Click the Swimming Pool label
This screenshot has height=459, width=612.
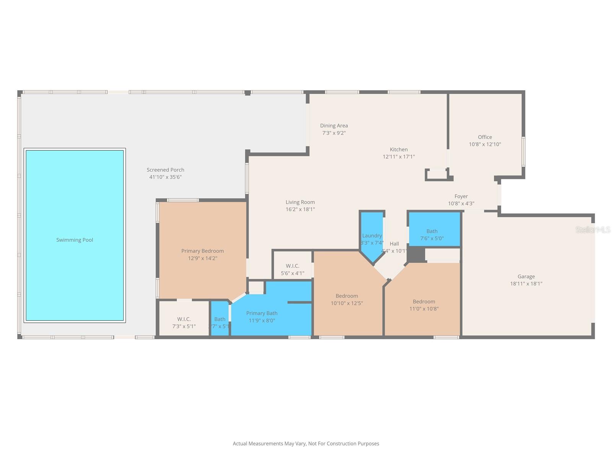[75, 240]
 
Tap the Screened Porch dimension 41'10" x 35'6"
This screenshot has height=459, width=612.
[165, 177]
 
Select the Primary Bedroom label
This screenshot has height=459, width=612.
[202, 251]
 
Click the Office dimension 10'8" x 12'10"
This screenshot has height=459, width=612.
[485, 145]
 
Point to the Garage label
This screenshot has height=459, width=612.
[526, 276]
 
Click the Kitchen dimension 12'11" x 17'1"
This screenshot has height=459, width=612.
[399, 157]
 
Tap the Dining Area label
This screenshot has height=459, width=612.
[334, 125]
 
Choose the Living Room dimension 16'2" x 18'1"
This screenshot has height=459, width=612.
[300, 209]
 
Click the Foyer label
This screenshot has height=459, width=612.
[461, 196]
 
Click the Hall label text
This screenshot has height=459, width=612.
[394, 244]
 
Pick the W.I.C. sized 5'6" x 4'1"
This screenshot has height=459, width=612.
[293, 269]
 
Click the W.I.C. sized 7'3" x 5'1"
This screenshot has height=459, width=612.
[184, 322]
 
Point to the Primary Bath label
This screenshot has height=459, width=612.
[262, 313]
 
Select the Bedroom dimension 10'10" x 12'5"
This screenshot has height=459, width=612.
[347, 303]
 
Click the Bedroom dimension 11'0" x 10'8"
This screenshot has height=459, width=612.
[424, 309]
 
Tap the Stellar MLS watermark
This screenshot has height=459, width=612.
[592, 229]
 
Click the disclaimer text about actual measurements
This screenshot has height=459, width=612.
[306, 444]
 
